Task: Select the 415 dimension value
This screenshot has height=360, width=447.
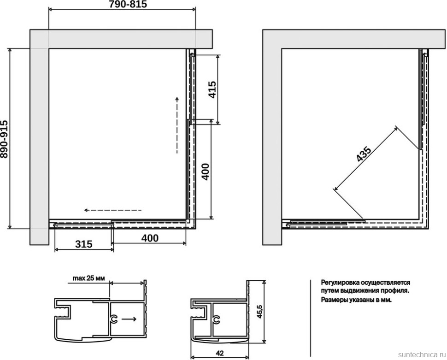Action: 212,90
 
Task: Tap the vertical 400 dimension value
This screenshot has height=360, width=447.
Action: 205,172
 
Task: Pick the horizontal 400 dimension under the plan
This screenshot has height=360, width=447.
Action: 150,238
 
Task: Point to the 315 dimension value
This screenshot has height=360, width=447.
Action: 84,244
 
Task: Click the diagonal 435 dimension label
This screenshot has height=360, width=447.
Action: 364,154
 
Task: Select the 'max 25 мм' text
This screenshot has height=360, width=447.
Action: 88,278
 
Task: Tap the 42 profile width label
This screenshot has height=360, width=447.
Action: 219,353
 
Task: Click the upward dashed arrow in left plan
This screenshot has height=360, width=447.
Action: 177,125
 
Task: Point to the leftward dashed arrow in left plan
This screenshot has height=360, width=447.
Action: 112,210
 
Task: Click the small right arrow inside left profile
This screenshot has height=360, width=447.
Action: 129,319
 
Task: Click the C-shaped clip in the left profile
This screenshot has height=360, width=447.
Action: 113,319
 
